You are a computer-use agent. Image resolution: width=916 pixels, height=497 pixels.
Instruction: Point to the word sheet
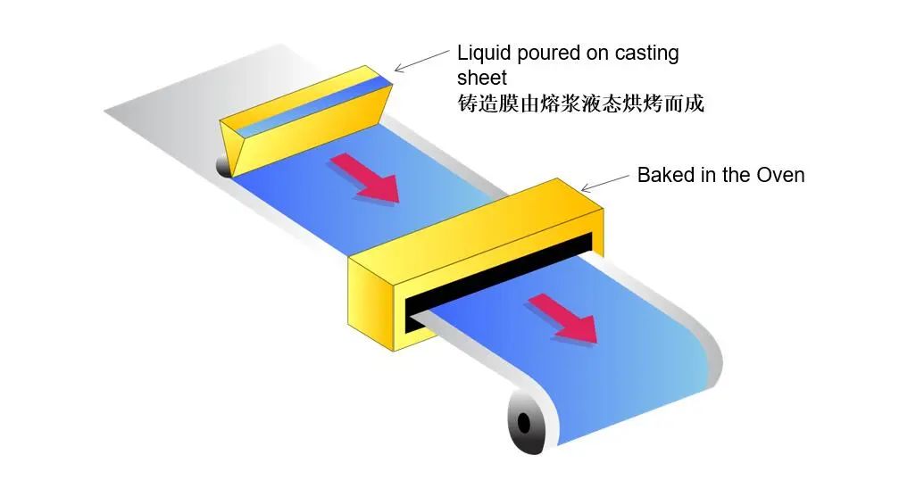click(482, 78)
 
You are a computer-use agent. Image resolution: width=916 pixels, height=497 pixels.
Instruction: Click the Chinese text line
click(580, 104)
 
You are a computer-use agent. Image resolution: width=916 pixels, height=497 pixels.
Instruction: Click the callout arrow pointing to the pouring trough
click(421, 59)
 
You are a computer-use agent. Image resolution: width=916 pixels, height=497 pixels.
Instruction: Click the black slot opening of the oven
click(500, 280)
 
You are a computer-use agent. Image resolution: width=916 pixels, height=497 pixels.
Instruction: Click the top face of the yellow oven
click(473, 223)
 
